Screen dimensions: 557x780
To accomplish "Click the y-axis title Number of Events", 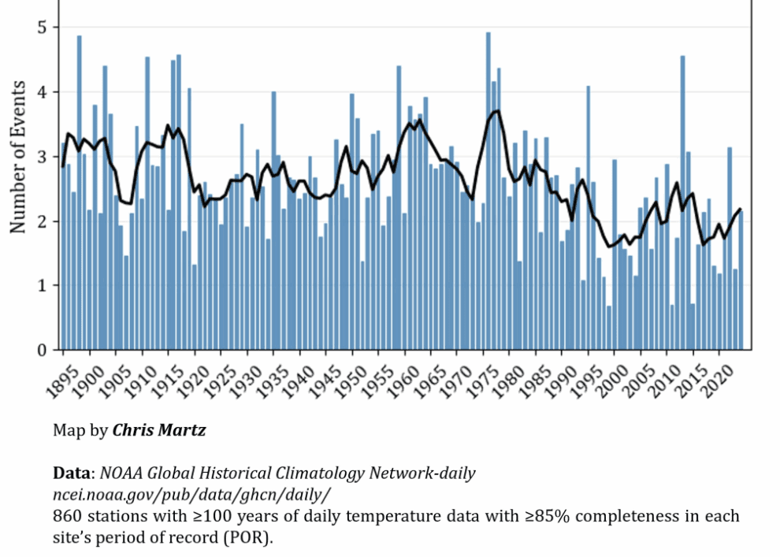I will pos(17,157).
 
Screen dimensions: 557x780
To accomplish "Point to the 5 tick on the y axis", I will pos(43,28).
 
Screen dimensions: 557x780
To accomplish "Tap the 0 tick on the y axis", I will pos(43,350).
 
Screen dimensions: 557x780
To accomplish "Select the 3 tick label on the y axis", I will pos(43,157).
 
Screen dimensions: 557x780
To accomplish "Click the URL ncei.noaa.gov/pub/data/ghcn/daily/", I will pos(192,495).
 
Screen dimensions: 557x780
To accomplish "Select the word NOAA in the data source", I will pos(122,473).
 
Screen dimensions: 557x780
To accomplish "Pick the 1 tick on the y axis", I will pos(43,285).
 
